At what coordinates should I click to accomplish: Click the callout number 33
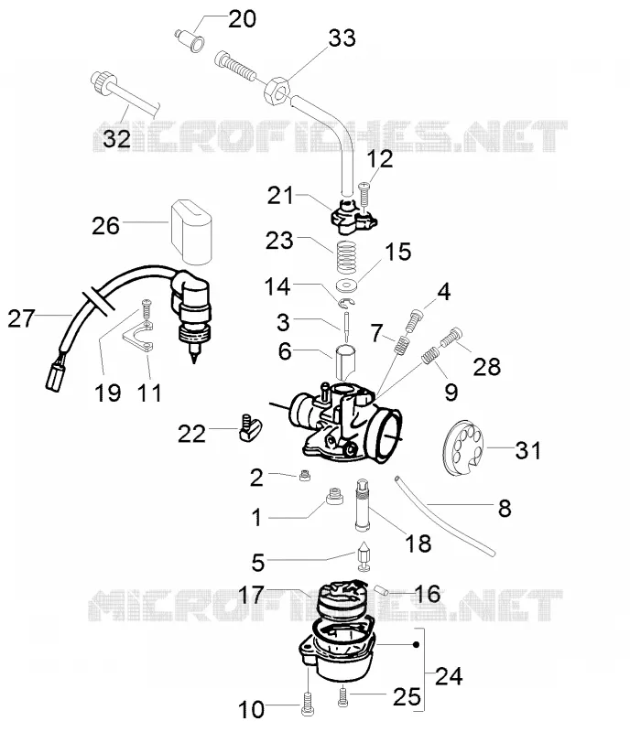(342, 38)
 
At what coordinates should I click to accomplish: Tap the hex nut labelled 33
(277, 91)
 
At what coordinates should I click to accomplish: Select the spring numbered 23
(346, 257)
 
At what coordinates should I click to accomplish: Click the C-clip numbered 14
(347, 303)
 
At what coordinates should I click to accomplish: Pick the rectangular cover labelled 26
(191, 231)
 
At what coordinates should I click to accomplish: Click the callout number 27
(21, 318)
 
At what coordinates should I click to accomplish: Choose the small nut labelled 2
(305, 476)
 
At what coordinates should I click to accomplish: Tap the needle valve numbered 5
(364, 556)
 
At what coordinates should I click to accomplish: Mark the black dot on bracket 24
(416, 645)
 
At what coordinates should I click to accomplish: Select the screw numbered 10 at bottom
(307, 703)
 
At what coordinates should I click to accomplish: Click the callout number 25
(407, 697)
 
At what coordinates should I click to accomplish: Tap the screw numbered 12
(364, 194)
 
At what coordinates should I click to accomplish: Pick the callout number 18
(418, 544)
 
